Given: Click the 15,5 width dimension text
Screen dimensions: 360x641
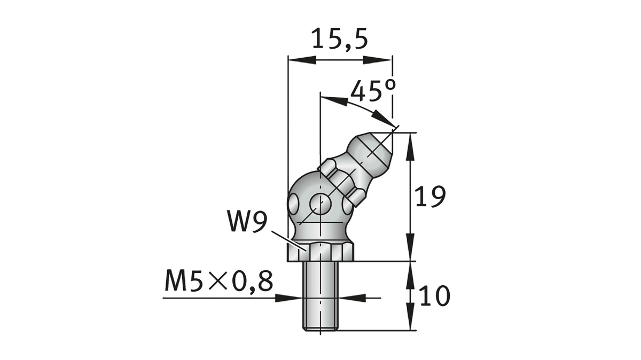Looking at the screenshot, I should coord(340,40).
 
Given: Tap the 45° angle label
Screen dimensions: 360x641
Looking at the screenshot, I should coord(373,91).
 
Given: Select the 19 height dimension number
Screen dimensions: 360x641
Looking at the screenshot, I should coord(431,197).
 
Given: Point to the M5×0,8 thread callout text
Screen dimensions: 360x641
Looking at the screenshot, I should coord(218,281).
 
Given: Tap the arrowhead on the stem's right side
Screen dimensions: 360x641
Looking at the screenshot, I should coord(350,298).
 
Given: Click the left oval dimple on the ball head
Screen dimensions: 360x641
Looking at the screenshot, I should coord(294,204).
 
